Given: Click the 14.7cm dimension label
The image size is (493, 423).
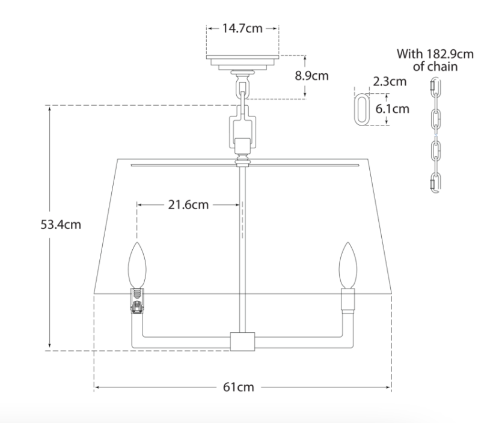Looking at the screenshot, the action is (242, 28).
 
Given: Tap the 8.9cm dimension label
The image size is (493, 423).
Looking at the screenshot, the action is (311, 76).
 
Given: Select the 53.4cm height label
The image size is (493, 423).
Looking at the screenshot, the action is (61, 224).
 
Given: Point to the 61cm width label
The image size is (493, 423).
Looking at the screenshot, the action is (238, 387).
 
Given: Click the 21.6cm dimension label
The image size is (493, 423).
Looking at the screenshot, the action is (188, 204).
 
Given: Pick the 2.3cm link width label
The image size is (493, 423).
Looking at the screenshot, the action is (390, 81).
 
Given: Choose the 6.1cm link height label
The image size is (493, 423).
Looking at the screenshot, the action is (393, 109).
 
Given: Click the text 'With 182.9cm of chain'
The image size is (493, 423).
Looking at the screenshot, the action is (435, 60).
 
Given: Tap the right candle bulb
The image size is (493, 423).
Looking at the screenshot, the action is (348, 265).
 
